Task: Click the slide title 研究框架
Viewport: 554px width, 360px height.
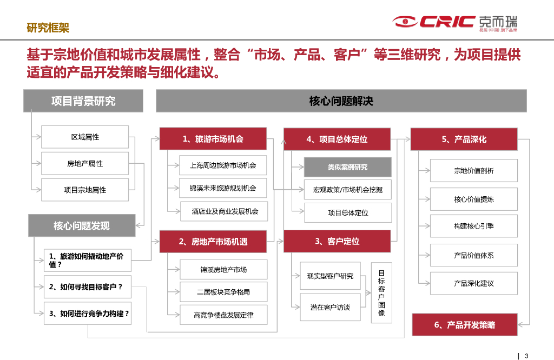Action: click(48, 27)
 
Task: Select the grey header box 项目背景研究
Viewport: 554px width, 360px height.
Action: click(83, 101)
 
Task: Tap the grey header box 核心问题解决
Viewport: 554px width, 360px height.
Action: click(341, 101)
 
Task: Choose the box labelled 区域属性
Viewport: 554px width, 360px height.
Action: click(85, 137)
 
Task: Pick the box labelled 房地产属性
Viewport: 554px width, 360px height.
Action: click(85, 163)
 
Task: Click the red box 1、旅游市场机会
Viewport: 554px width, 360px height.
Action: click(213, 139)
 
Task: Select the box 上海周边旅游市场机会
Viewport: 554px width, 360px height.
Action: click(223, 165)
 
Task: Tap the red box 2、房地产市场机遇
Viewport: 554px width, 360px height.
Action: click(213, 241)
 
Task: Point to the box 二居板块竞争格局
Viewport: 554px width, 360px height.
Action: click(223, 292)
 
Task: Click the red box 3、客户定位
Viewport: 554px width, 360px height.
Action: click(337, 241)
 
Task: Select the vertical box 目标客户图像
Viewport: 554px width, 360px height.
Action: click(381, 293)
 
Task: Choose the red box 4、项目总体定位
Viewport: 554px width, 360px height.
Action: click(337, 139)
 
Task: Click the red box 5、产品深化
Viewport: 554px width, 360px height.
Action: click(464, 139)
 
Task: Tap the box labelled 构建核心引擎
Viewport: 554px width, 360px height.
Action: click(473, 226)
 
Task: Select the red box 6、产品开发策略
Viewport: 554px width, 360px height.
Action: click(464, 325)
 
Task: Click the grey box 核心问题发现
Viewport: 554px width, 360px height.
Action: click(81, 225)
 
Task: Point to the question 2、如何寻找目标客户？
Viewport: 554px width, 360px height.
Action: click(86, 287)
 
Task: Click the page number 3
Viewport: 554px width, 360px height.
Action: click(526, 355)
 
